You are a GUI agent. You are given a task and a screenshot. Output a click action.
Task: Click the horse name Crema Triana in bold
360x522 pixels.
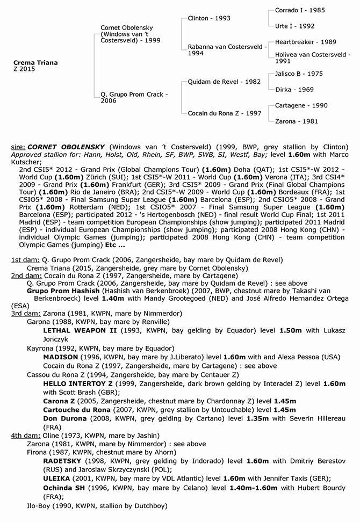click(x=35, y=63)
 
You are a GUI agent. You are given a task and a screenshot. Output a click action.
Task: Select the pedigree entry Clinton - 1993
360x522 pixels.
click(x=209, y=18)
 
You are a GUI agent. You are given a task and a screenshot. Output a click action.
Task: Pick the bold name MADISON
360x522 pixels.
click(x=63, y=357)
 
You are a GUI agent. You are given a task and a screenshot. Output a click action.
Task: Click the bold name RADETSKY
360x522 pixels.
click(x=64, y=461)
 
